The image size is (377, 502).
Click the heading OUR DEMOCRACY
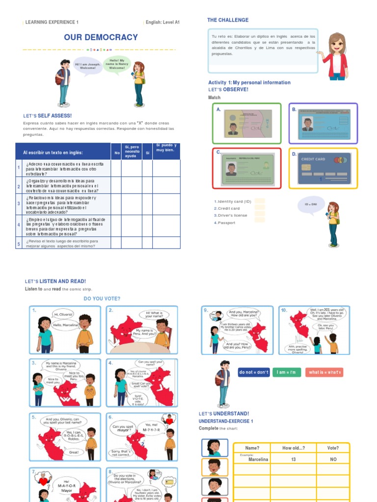pyautogui.click(x=101, y=38)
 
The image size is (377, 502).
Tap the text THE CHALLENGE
pyautogui.click(x=228, y=20)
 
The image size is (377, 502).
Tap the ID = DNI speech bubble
pyautogui.click(x=311, y=204)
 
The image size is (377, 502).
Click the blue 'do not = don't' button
pyautogui.click(x=253, y=373)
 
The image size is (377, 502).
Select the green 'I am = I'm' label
pyautogui.click(x=287, y=373)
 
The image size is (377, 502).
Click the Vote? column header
pyautogui.click(x=333, y=448)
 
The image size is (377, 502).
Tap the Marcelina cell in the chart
pyautogui.click(x=258, y=459)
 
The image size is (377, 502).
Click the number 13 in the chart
pyautogui.click(x=294, y=459)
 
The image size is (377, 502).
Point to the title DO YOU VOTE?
pyautogui.click(x=102, y=299)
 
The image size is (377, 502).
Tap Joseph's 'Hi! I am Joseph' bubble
pyautogui.click(x=87, y=66)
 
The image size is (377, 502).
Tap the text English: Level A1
pyautogui.click(x=163, y=22)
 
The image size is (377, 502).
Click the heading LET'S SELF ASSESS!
pyautogui.click(x=47, y=116)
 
